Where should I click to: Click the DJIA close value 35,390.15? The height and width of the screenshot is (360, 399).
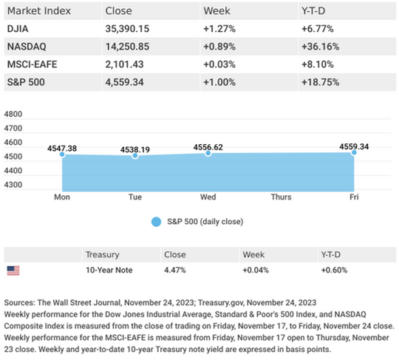pos(127,29)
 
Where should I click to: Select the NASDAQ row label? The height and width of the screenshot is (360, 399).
pos(27,47)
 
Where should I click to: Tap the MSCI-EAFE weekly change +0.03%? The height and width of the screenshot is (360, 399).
pos(219,64)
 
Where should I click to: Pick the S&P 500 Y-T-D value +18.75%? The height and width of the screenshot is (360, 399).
pos(321,82)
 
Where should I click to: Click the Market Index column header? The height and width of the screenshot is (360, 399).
pos(39,11)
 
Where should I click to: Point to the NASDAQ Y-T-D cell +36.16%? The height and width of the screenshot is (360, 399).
pos(321,47)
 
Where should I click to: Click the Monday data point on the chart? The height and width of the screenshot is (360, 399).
pos(62,154)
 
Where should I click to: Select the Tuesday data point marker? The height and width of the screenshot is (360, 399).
pos(135,155)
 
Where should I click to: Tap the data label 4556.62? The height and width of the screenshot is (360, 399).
pos(208,147)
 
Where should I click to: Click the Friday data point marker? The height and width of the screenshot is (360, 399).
pos(354,152)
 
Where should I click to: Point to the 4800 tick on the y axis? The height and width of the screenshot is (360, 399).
pos(13,114)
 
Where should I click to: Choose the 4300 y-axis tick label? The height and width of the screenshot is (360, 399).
pos(13,185)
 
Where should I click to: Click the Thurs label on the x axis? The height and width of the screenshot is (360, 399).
pos(281,197)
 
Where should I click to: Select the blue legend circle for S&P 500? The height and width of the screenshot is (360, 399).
pos(156,222)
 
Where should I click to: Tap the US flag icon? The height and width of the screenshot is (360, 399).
pos(13,271)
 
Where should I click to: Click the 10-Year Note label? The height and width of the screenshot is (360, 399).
pos(109,270)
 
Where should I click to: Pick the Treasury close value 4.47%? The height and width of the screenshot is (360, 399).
pos(175,270)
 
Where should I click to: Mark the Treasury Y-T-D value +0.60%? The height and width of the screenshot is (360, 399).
pos(334,270)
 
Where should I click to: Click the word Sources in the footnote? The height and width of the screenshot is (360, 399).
pos(20,303)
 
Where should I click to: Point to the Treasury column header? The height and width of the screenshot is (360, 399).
pos(102,254)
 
